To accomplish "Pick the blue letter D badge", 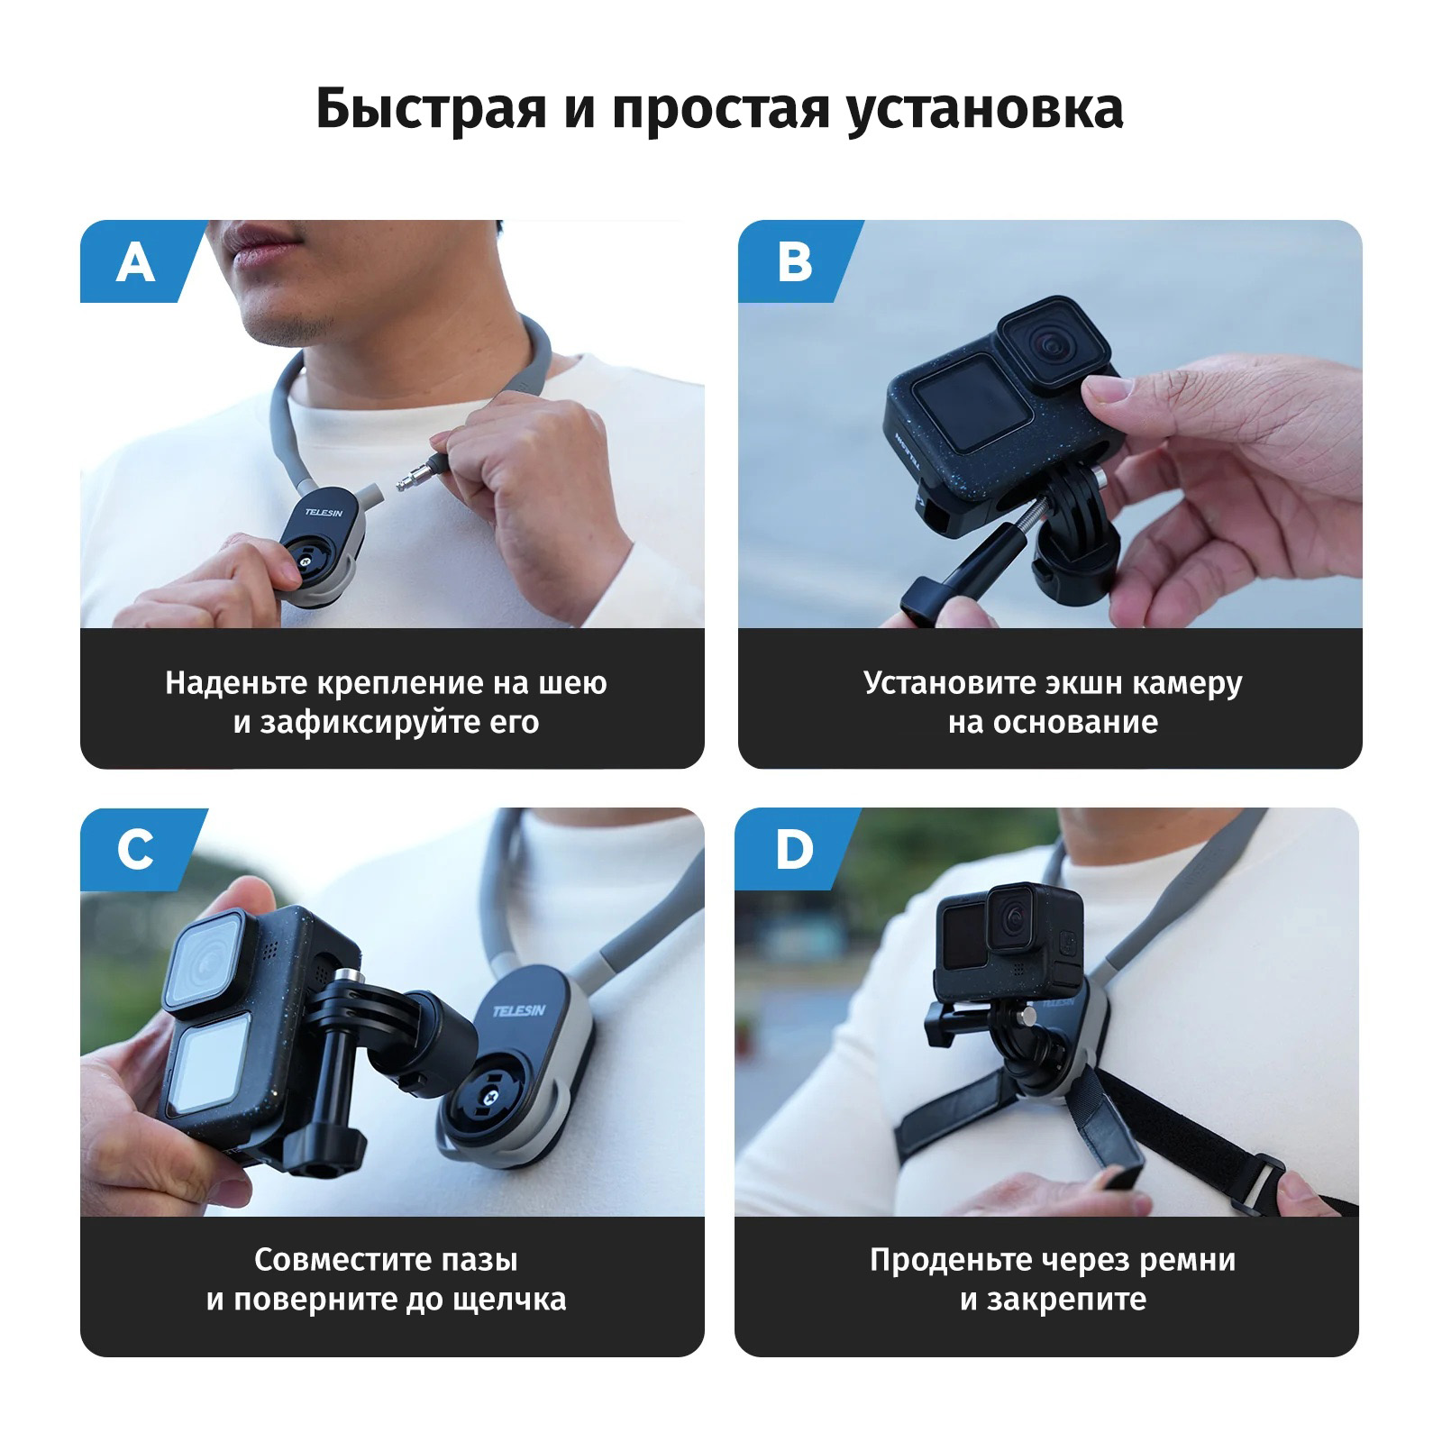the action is point(793,850).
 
